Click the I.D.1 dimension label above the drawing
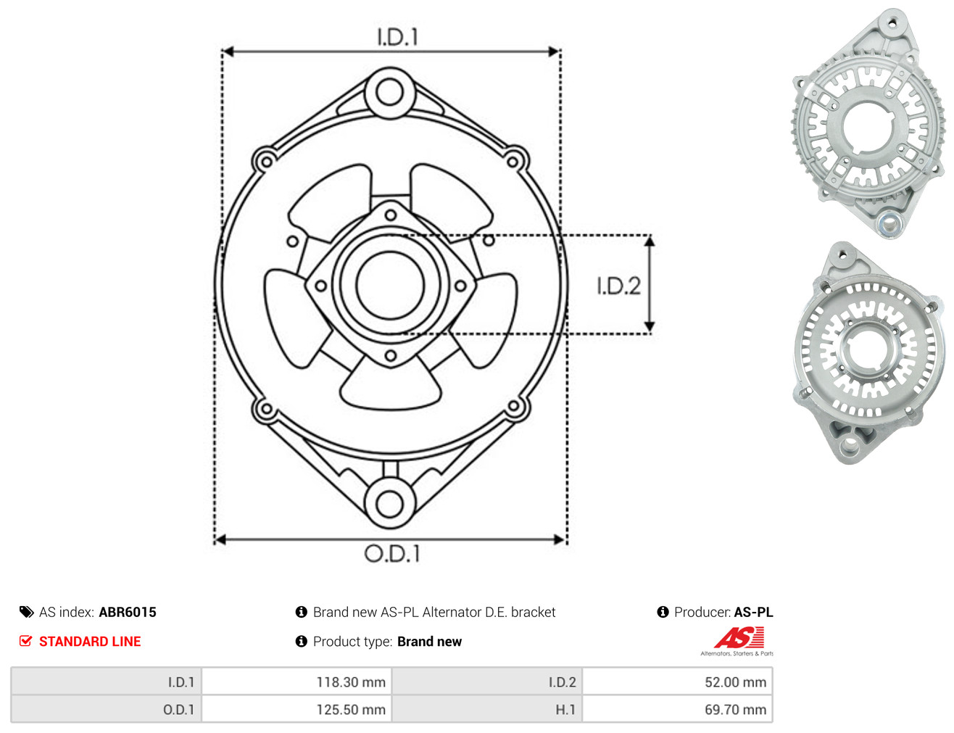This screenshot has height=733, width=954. tap(397, 37)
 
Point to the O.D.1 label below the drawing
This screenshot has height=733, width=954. tap(392, 553)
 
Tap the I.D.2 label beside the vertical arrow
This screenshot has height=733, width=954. tap(618, 286)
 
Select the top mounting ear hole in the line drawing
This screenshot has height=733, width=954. tap(389, 93)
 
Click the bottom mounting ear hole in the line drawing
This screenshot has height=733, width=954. tap(390, 503)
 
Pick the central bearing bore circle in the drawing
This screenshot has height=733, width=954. tap(390, 284)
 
